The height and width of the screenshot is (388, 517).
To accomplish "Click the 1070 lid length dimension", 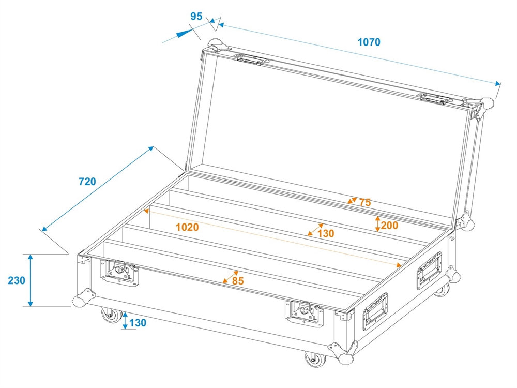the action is point(369,42).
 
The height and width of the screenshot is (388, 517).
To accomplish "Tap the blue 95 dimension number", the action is point(196,16).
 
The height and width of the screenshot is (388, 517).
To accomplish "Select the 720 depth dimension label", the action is point(87,182).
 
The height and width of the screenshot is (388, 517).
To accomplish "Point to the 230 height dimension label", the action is point(17,280).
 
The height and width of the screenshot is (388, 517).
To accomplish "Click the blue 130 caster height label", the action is point(138,323).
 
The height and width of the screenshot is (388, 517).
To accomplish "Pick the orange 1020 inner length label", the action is point(187,227).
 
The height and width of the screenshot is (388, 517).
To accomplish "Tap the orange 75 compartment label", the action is point(365,202).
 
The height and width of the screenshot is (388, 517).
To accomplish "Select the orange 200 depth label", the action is point(389,226).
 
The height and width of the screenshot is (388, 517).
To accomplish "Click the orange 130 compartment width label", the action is point(326,234).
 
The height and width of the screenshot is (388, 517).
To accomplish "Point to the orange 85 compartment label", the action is point(238,281).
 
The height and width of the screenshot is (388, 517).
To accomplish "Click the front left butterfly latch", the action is point(119,272).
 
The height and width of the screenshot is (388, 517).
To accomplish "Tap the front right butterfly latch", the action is point(304,313).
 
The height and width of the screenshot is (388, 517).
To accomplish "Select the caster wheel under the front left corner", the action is point(112,315).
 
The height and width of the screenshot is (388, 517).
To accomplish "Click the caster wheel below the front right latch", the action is point(315,359).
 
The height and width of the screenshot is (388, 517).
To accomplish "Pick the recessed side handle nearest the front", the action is point(375,311).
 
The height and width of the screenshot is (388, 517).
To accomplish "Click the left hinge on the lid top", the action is point(251,59).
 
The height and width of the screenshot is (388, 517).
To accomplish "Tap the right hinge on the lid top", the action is point(435,99).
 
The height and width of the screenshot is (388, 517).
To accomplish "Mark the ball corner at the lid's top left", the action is point(217,44).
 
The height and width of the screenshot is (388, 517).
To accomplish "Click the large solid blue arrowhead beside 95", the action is point(184,33).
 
